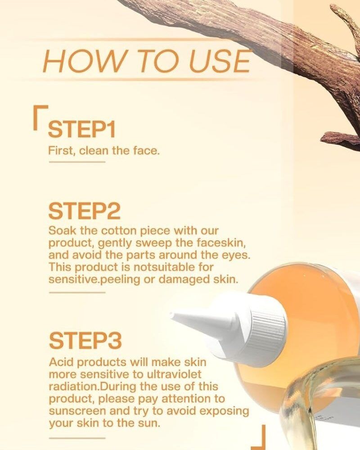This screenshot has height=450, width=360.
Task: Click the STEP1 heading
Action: (82, 130)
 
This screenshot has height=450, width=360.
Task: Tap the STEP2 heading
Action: (85, 211)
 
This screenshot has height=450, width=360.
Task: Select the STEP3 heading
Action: (85, 341)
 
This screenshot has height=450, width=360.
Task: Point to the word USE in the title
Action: (220, 61)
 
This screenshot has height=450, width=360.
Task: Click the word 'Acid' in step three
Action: (60, 362)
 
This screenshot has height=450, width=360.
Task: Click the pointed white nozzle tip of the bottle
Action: (171, 315)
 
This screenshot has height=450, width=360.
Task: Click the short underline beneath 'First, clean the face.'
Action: (77, 162)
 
